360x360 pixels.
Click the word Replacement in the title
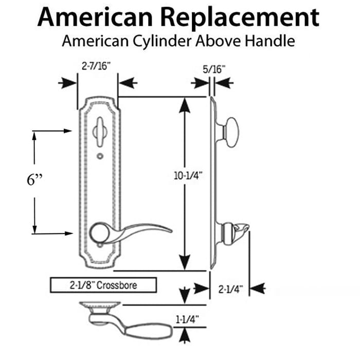240,17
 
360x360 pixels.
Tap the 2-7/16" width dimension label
96,66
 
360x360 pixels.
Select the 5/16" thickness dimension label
214,69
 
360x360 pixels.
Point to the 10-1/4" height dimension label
188,176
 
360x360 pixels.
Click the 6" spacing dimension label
34,180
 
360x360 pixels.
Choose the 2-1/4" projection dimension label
230,289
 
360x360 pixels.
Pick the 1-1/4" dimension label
187,319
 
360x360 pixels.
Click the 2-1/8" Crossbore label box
103,285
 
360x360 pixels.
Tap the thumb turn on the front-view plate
100,132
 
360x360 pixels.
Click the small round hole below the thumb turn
100,156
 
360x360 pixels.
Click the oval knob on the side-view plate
231,132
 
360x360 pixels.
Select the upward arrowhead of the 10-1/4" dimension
185,105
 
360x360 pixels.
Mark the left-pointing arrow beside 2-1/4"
257,289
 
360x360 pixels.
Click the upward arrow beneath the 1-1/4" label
185,336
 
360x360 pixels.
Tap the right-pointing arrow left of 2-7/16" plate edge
67,83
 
